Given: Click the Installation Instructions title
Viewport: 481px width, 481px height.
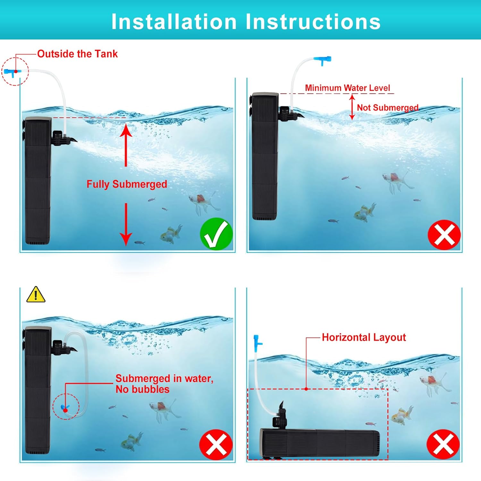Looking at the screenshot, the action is click(246, 22).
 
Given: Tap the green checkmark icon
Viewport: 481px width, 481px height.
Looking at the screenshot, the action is click(216, 234).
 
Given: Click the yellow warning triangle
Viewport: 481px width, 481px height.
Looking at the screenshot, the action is click(36, 294).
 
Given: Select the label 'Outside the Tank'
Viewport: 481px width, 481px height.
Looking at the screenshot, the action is click(77, 54).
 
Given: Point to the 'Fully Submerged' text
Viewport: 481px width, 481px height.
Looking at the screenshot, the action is click(127, 184).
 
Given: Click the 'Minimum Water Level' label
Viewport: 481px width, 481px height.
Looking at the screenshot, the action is click(348, 88).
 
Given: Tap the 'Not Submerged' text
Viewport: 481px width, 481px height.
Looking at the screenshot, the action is click(388, 107).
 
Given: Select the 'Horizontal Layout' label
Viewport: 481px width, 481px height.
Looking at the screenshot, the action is click(364, 337).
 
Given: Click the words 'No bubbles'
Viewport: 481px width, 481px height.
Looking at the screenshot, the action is click(142, 389).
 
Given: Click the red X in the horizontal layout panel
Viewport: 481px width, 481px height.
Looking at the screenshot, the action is click(443, 444).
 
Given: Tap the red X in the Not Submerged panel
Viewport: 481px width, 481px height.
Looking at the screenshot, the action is click(444, 235).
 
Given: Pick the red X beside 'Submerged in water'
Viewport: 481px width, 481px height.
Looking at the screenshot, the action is click(216, 444).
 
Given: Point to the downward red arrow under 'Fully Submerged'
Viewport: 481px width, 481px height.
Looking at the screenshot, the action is click(126, 224).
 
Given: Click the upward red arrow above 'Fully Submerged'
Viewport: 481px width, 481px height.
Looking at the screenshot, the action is click(126, 145).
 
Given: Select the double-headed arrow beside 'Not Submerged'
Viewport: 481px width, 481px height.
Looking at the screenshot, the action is click(352, 107).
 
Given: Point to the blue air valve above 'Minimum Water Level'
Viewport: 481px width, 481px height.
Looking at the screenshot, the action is click(322, 60).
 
